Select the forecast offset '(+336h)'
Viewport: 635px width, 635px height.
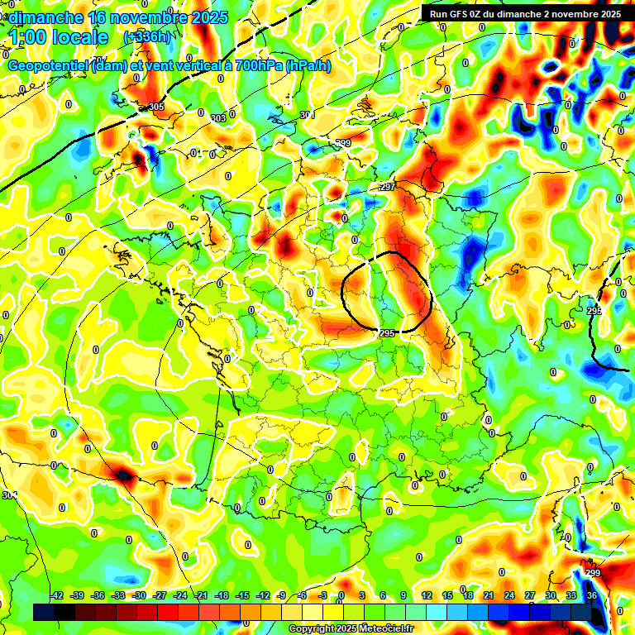[147, 37]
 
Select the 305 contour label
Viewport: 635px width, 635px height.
[155, 107]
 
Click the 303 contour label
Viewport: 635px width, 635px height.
[218, 118]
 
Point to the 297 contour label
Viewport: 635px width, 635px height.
[387, 188]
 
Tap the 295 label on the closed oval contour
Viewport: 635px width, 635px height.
[387, 332]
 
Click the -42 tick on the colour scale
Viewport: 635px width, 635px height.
[57, 596]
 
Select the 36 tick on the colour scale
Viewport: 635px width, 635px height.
[592, 596]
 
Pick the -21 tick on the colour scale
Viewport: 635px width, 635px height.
[201, 596]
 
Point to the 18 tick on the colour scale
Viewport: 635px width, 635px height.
[468, 596]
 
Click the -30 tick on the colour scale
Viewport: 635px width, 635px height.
[139, 596]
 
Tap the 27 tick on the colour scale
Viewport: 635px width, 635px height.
[530, 596]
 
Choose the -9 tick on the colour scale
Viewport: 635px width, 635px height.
[283, 596]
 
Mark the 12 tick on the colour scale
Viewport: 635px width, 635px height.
[427, 596]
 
